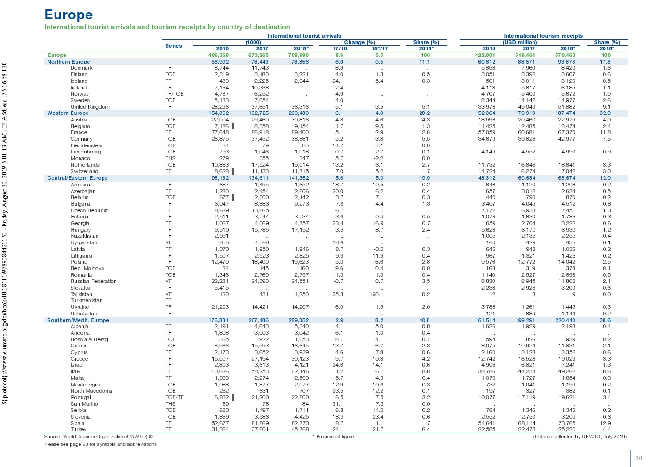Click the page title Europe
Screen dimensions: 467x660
[68, 15]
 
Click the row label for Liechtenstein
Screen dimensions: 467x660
[86, 145]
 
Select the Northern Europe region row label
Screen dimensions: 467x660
[69, 62]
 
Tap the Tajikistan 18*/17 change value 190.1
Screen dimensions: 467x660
[376, 294]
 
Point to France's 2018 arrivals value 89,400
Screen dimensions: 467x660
[300, 133]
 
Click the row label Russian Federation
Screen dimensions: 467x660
[93, 282]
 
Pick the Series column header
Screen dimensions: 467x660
[173, 46]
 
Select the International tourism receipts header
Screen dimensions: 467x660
[543, 36]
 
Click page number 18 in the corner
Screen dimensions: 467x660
[638, 458]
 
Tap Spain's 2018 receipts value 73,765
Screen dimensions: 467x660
[566, 423]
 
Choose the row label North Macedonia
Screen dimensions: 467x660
[91, 391]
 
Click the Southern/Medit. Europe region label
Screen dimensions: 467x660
[78, 320]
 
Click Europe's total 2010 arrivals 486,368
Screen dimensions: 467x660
[218, 55]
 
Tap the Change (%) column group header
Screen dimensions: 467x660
[359, 42]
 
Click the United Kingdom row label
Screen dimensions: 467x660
[90, 107]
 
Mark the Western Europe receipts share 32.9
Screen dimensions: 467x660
[605, 113]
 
